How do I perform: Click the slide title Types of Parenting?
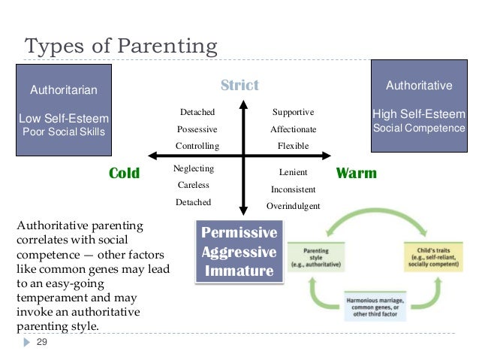121,46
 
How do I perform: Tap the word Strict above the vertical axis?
239,85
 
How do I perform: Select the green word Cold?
125,174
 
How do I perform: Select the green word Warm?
357,174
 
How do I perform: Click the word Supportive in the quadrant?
293,112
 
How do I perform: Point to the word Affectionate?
294,129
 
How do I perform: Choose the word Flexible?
293,146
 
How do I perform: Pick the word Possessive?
197,129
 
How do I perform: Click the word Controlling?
197,146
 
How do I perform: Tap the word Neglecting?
194,168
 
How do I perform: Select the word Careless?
193,185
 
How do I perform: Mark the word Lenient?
293,172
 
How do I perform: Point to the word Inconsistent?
293,189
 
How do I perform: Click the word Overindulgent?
293,206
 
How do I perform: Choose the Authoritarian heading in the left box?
64,91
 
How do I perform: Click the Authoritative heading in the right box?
419,86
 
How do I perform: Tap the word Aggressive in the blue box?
239,252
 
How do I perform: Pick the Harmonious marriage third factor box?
375,306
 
